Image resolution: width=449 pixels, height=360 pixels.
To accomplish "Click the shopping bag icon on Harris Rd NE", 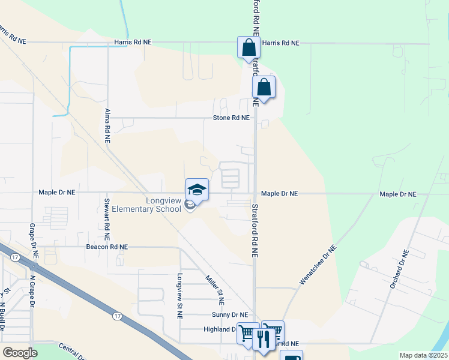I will (x=249, y=47).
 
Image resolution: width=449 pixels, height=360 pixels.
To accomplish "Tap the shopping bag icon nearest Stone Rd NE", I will (x=264, y=88).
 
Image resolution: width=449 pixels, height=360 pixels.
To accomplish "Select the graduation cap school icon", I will (x=197, y=190).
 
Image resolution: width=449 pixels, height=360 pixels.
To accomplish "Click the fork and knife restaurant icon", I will (x=263, y=339).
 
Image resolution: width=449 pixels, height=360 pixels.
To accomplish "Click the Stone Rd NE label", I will (x=231, y=118).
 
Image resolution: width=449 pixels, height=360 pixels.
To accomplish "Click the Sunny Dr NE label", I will (x=229, y=314).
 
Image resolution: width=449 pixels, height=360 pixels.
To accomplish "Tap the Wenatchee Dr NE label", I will (x=317, y=265).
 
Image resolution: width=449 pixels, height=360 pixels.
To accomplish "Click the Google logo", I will (x=20, y=353).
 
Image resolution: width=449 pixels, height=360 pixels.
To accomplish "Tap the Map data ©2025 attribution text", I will (x=423, y=355).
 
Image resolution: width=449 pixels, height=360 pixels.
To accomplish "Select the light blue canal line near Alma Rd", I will (x=70, y=78).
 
